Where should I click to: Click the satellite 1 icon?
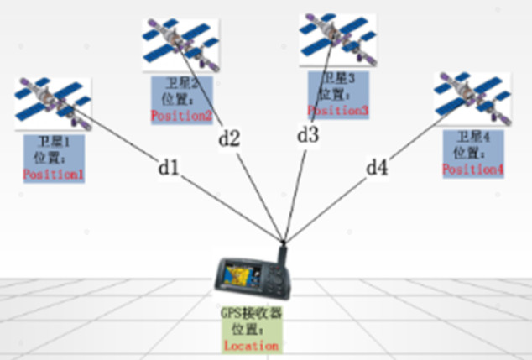pyautogui.click(x=52, y=99)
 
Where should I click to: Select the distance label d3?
pyautogui.click(x=308, y=134)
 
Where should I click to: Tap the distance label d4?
pyautogui.click(x=377, y=168)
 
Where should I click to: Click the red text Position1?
pyautogui.click(x=55, y=174)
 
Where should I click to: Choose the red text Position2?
pyautogui.click(x=182, y=116)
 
